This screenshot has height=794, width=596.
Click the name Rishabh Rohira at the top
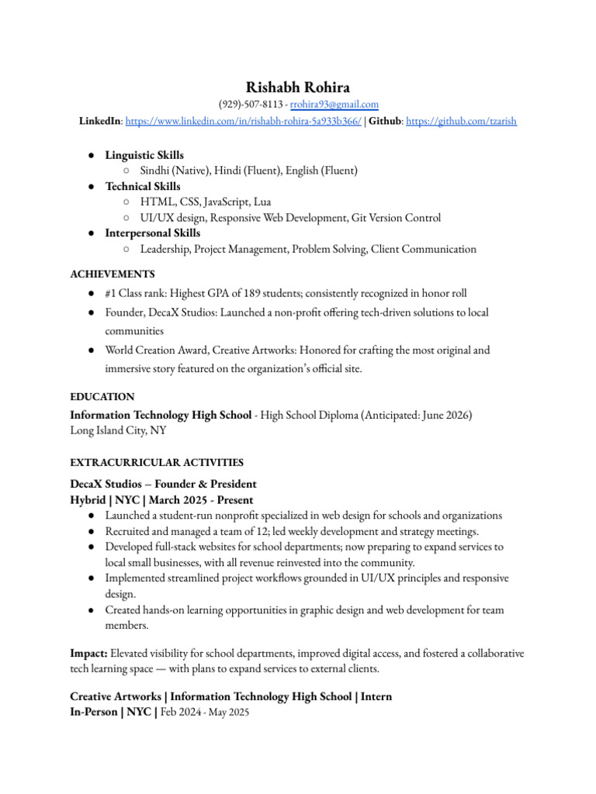[x=297, y=88]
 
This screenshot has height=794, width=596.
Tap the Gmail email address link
[x=334, y=105]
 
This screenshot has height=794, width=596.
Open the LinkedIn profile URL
[x=243, y=121]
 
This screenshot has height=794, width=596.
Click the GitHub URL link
[x=461, y=121]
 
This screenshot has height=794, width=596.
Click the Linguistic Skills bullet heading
[x=144, y=156]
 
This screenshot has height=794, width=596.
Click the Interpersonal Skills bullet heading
[x=152, y=233]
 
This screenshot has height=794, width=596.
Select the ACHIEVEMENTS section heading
[x=113, y=274]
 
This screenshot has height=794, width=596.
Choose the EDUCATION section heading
[x=102, y=397]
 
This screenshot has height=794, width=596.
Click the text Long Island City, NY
[x=118, y=430]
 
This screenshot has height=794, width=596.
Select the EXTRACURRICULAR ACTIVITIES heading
[x=157, y=463]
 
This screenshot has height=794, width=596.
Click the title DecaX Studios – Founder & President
[x=163, y=484]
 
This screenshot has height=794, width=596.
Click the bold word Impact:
[x=90, y=654]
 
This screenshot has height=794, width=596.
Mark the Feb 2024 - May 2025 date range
[x=205, y=713]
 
